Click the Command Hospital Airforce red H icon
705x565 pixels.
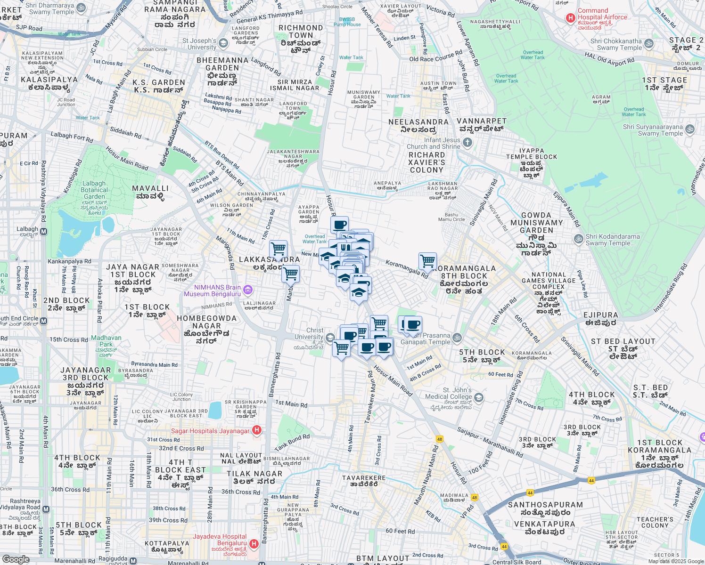click(x=570, y=18)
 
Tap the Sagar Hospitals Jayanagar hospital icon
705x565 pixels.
click(x=257, y=430)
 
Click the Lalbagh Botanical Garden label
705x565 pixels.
click(x=94, y=190)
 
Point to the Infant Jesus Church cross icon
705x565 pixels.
click(x=467, y=142)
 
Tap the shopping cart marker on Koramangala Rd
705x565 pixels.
click(x=427, y=260)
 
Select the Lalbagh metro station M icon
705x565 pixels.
click(x=44, y=231)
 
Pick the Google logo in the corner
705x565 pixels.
click(x=16, y=559)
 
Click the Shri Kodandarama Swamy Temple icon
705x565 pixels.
click(x=578, y=239)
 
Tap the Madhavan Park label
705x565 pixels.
click(x=106, y=341)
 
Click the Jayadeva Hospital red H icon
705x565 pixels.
click(x=254, y=544)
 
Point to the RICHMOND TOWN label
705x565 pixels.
click(x=301, y=32)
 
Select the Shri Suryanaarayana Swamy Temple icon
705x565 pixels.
click(x=690, y=129)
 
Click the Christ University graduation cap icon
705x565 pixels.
click(x=330, y=337)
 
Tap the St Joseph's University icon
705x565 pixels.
click(x=223, y=43)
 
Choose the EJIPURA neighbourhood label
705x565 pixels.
click(x=600, y=315)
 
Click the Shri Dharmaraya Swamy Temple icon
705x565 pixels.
click(x=81, y=8)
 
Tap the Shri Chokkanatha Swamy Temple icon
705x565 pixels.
click(x=649, y=44)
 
